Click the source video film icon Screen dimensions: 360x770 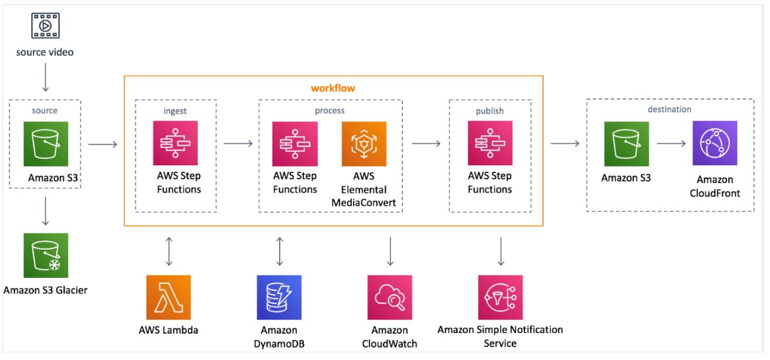[x=45, y=26]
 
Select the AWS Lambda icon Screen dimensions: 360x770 [x=169, y=297]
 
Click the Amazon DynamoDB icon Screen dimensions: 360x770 [x=279, y=297]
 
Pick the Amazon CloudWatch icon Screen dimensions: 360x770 [x=390, y=297]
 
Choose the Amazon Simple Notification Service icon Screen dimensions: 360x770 [x=500, y=297]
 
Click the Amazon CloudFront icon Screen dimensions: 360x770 [x=714, y=144]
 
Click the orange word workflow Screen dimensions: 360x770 [x=333, y=88]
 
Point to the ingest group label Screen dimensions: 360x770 [x=175, y=110]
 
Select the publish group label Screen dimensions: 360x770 [x=490, y=110]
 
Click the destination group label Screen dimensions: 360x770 [x=669, y=109]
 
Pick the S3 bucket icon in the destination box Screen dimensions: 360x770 [x=626, y=144]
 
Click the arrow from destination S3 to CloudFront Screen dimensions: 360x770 [x=671, y=143]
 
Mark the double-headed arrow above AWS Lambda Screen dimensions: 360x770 [x=169, y=251]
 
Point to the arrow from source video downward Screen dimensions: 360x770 [x=45, y=77]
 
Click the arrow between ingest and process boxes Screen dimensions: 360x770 [x=238, y=143]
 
